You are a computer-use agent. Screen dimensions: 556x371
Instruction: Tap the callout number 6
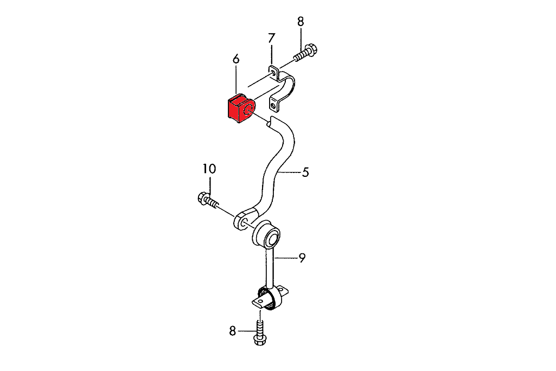point(236,59)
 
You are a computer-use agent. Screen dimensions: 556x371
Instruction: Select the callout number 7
point(271,37)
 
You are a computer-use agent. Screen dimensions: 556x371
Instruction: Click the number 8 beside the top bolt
point(301,22)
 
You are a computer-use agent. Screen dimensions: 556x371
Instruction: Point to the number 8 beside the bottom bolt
point(232,331)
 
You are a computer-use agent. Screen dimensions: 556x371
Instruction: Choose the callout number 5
point(305,172)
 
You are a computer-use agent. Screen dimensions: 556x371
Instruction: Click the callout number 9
point(302,258)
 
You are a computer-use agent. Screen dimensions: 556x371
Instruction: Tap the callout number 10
point(209,169)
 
